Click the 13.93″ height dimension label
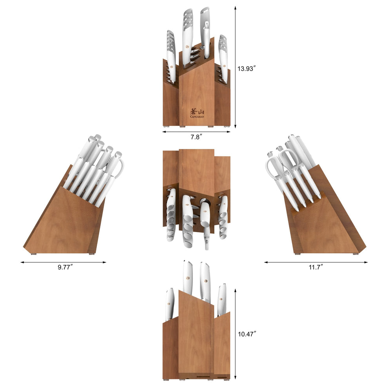click(x=246, y=68)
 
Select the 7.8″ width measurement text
click(x=196, y=137)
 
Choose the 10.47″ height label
click(x=247, y=334)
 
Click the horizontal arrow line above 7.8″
click(x=196, y=132)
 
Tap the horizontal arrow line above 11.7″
click(x=316, y=262)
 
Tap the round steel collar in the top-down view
click(x=204, y=203)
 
